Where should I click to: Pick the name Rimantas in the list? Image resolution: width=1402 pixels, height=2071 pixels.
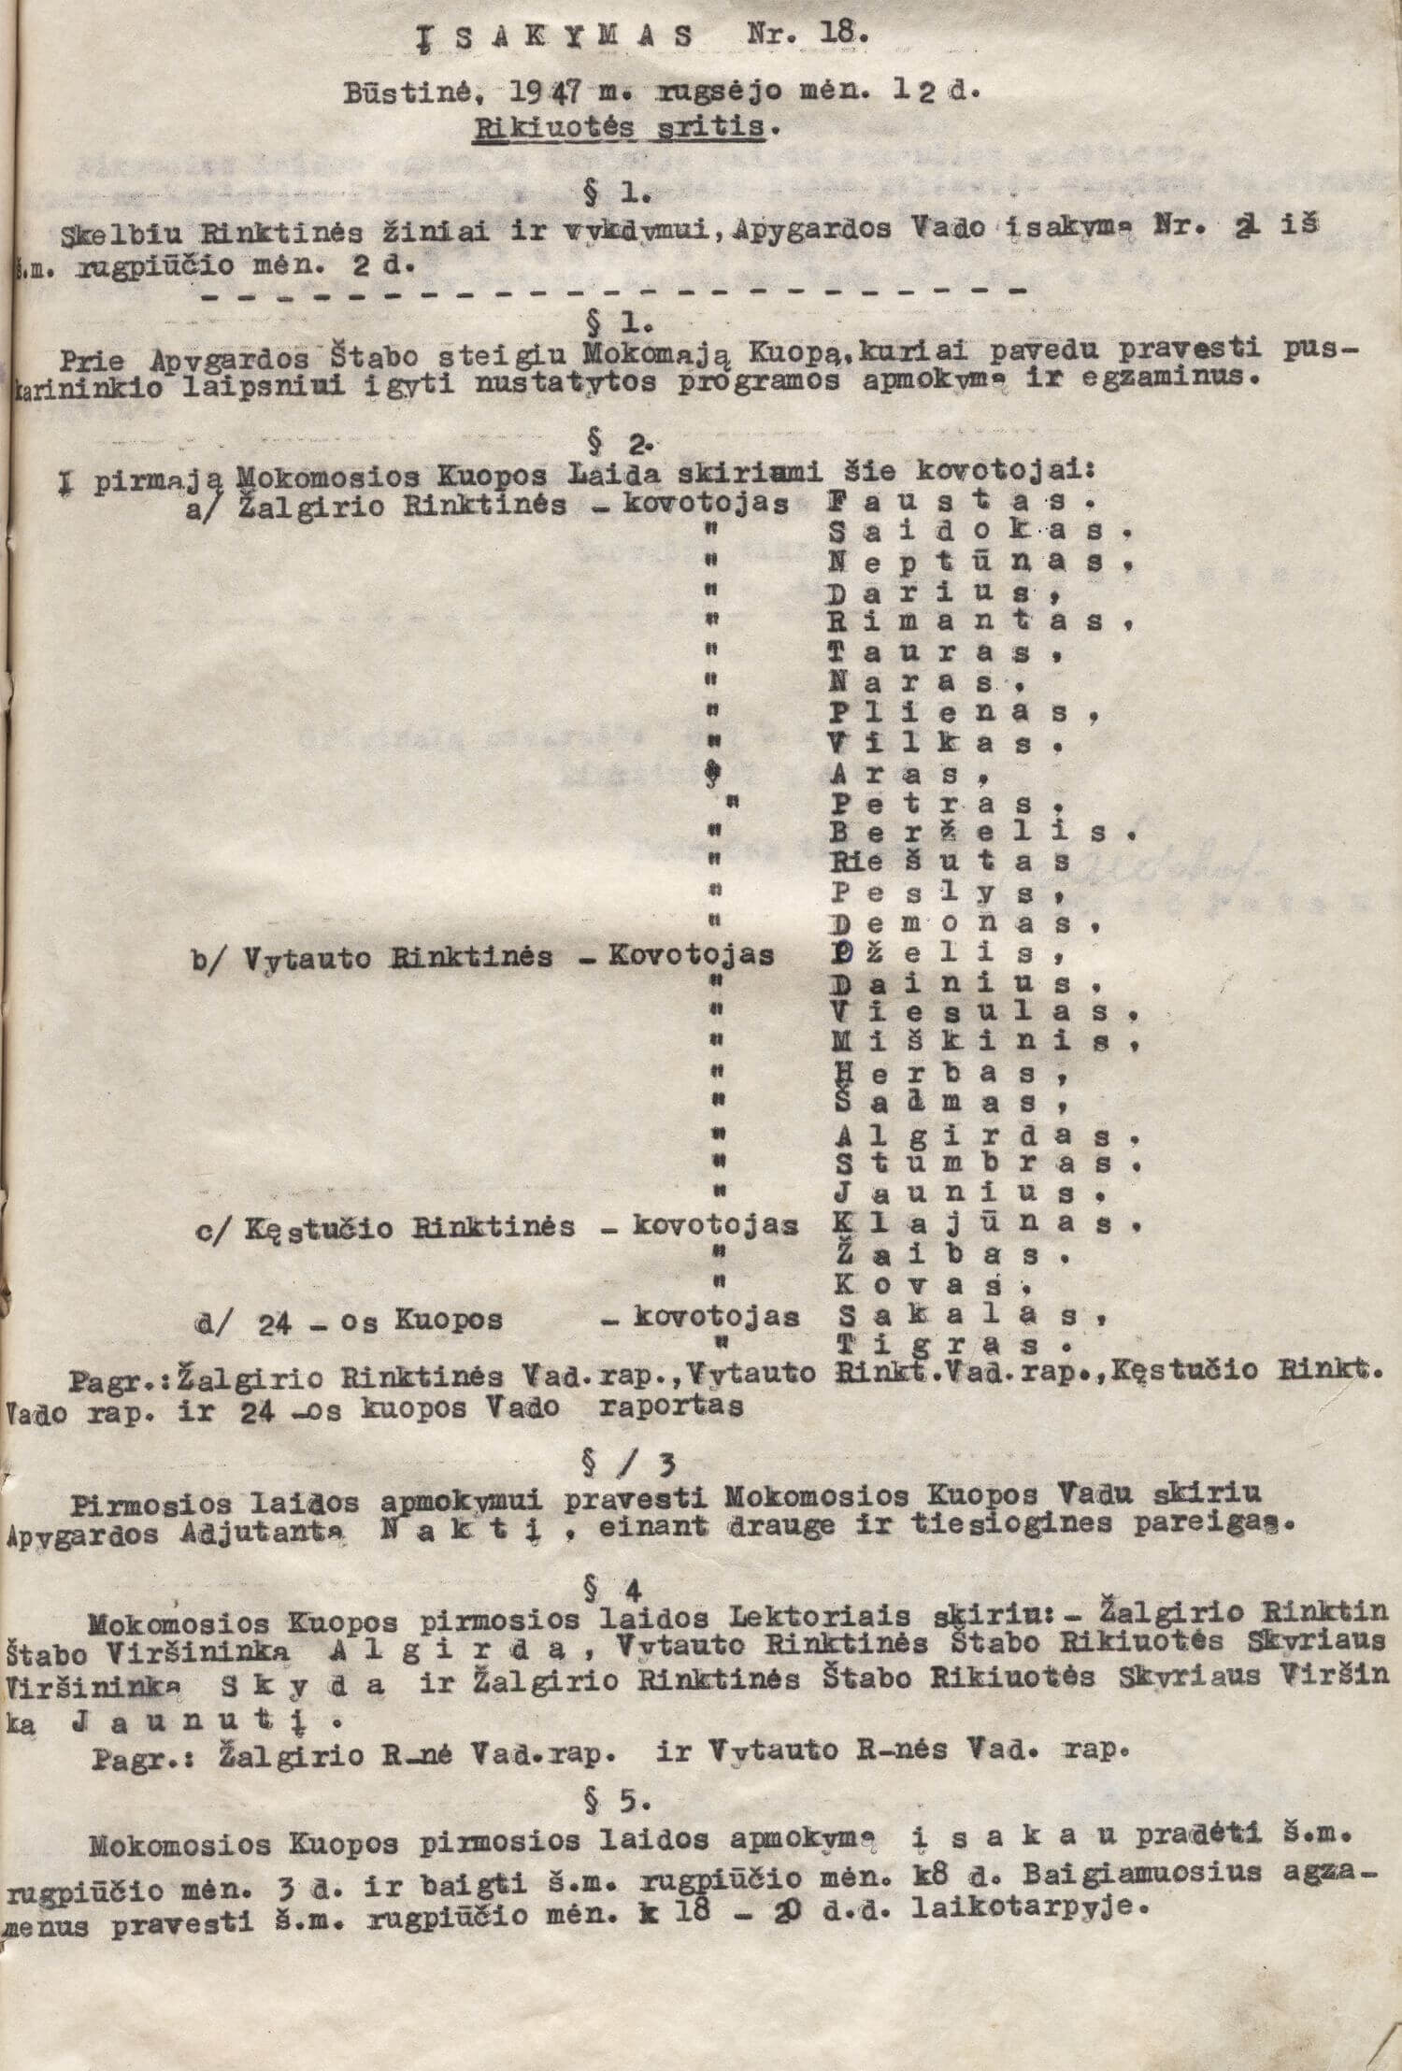(x=977, y=621)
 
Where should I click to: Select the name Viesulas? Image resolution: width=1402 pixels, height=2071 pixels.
(x=977, y=1013)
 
